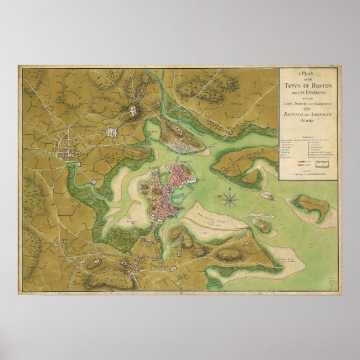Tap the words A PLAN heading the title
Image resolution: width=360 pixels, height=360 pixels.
[x=307, y=74]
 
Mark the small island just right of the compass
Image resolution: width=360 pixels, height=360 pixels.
[x=268, y=196]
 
